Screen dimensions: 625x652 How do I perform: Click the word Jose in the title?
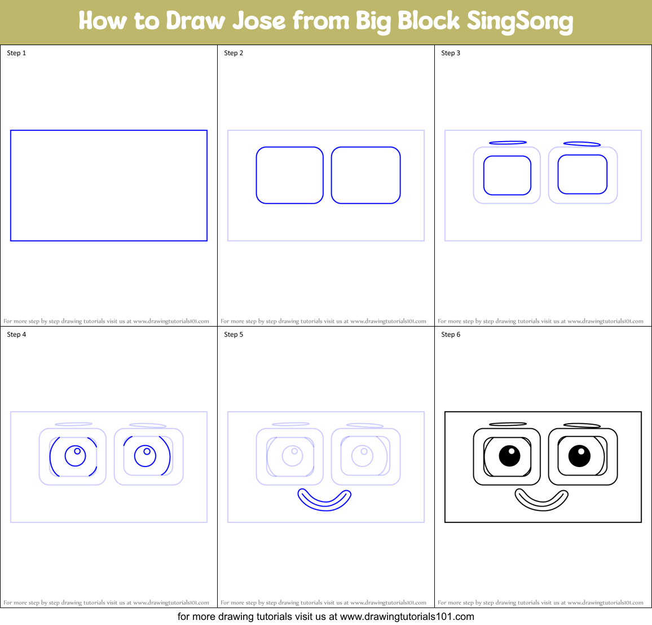259,21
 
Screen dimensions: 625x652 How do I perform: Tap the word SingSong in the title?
519,21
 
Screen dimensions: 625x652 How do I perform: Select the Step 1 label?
16,53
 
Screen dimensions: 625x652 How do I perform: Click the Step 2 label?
234,53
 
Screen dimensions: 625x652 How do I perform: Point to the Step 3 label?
451,53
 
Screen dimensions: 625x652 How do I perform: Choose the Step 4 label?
16,334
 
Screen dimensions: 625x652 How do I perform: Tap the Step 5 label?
234,334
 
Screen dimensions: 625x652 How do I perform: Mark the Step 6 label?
451,334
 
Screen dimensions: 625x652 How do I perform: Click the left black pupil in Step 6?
509,456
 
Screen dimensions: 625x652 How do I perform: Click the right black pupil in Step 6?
579,456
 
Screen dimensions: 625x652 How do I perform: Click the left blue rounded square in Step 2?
289,175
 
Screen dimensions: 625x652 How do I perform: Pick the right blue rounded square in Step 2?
365,175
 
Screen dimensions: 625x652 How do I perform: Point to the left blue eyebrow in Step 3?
508,143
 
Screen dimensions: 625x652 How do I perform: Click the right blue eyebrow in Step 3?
581,144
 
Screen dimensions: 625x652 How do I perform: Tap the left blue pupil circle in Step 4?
76,455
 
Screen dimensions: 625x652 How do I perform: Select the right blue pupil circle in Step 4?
146,456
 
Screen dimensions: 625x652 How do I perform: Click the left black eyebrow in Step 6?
508,424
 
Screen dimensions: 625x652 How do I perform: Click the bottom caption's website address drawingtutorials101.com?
407,617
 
